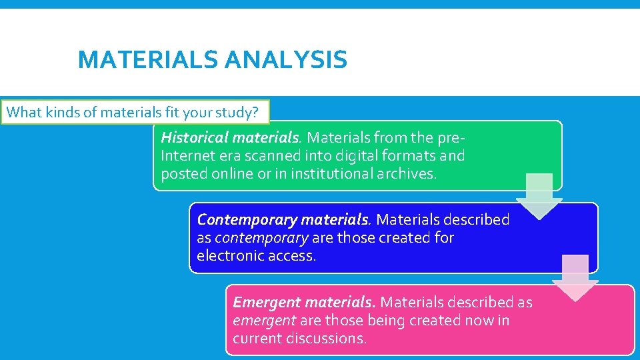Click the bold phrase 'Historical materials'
click(230, 138)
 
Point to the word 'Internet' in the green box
click(187, 156)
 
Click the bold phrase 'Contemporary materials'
click(283, 219)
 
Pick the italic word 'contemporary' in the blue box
click(261, 237)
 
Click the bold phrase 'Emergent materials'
click(304, 303)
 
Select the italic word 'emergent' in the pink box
click(264, 321)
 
